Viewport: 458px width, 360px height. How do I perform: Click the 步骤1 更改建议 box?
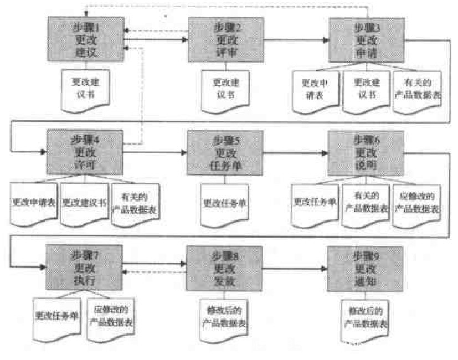pos(85,39)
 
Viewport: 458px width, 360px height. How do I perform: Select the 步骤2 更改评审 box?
pos(226,39)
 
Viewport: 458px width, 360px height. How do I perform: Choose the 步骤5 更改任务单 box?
pos(225,152)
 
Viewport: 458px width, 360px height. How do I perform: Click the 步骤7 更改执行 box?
pos(84,266)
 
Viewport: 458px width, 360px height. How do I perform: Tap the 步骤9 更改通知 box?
pos(365,269)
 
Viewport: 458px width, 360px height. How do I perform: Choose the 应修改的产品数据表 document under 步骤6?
pos(416,203)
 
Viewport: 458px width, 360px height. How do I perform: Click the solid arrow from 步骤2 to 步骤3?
pos(296,40)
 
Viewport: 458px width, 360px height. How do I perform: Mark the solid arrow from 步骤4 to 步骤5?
pos(155,152)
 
